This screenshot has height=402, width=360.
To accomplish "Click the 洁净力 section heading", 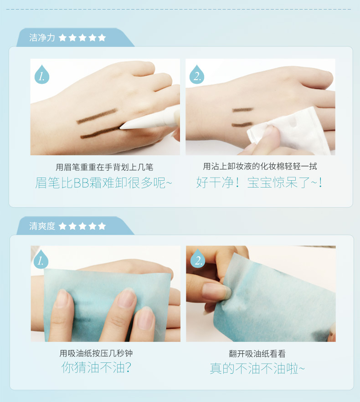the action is (x=42, y=38).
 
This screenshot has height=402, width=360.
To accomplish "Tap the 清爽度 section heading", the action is (x=42, y=226).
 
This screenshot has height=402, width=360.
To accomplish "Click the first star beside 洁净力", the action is (x=62, y=38).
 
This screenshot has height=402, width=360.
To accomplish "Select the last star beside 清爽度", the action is (x=102, y=226).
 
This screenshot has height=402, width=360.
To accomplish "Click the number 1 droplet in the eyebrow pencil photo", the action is (x=42, y=75).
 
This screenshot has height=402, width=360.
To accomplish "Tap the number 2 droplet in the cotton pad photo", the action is (x=197, y=74).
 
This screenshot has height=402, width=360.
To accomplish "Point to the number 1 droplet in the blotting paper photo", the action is (x=41, y=259).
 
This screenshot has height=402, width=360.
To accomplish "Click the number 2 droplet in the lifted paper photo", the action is (x=198, y=259).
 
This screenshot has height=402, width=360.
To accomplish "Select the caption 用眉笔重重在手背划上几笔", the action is (x=104, y=168).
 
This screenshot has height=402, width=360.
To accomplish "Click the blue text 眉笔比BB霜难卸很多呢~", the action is (x=103, y=183).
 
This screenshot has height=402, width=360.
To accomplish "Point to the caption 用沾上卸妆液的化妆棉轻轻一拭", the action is (x=260, y=166).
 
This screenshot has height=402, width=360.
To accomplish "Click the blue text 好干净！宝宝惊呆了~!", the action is (x=259, y=183).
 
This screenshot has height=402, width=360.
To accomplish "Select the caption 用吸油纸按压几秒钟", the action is (x=96, y=353).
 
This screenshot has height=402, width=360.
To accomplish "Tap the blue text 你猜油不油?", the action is (x=96, y=368).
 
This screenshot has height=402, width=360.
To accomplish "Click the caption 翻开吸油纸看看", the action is (x=257, y=354).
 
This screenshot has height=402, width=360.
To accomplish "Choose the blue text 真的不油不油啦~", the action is (x=257, y=369).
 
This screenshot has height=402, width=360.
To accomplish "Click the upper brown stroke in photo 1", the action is (x=97, y=116).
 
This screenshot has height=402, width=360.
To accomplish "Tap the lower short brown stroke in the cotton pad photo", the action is (x=242, y=125).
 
